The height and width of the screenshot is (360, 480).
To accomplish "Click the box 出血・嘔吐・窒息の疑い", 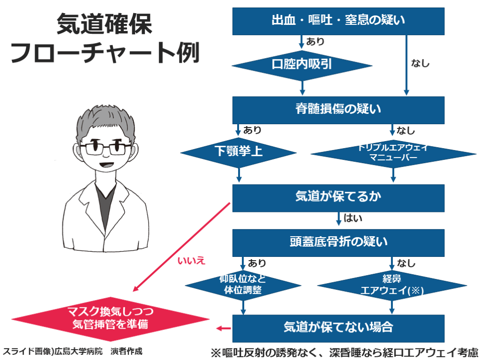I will click(x=338, y=21).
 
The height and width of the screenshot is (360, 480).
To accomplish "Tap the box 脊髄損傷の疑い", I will click(x=338, y=110).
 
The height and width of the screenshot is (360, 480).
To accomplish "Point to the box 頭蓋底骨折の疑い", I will click(x=338, y=242).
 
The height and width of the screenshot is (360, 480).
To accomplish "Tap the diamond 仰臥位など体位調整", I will click(x=243, y=285).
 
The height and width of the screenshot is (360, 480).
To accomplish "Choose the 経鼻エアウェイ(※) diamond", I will click(x=392, y=285).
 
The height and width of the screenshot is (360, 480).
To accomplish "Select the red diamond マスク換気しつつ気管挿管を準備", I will click(x=110, y=318).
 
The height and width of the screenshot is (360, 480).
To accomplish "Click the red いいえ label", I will click(x=191, y=261).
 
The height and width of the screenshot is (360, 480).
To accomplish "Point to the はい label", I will click(x=353, y=218).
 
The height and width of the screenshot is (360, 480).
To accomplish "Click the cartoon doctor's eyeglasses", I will click(x=105, y=148).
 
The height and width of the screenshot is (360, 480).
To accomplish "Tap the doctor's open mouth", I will click(x=106, y=165).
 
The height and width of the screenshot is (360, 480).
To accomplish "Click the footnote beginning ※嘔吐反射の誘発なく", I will click(x=344, y=352).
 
